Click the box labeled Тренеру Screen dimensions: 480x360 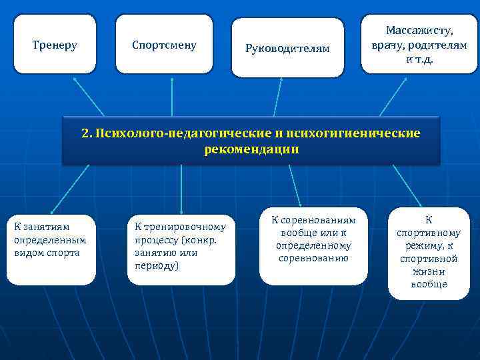tap(55, 45)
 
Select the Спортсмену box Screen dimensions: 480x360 tap(164, 45)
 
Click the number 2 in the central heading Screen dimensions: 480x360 tap(85, 133)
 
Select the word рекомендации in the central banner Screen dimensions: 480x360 tap(251, 150)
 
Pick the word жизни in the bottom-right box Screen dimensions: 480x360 tap(428, 272)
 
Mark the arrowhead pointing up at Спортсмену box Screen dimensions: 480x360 tap(172, 79)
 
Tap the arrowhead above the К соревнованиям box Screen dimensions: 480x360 tap(301, 204)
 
